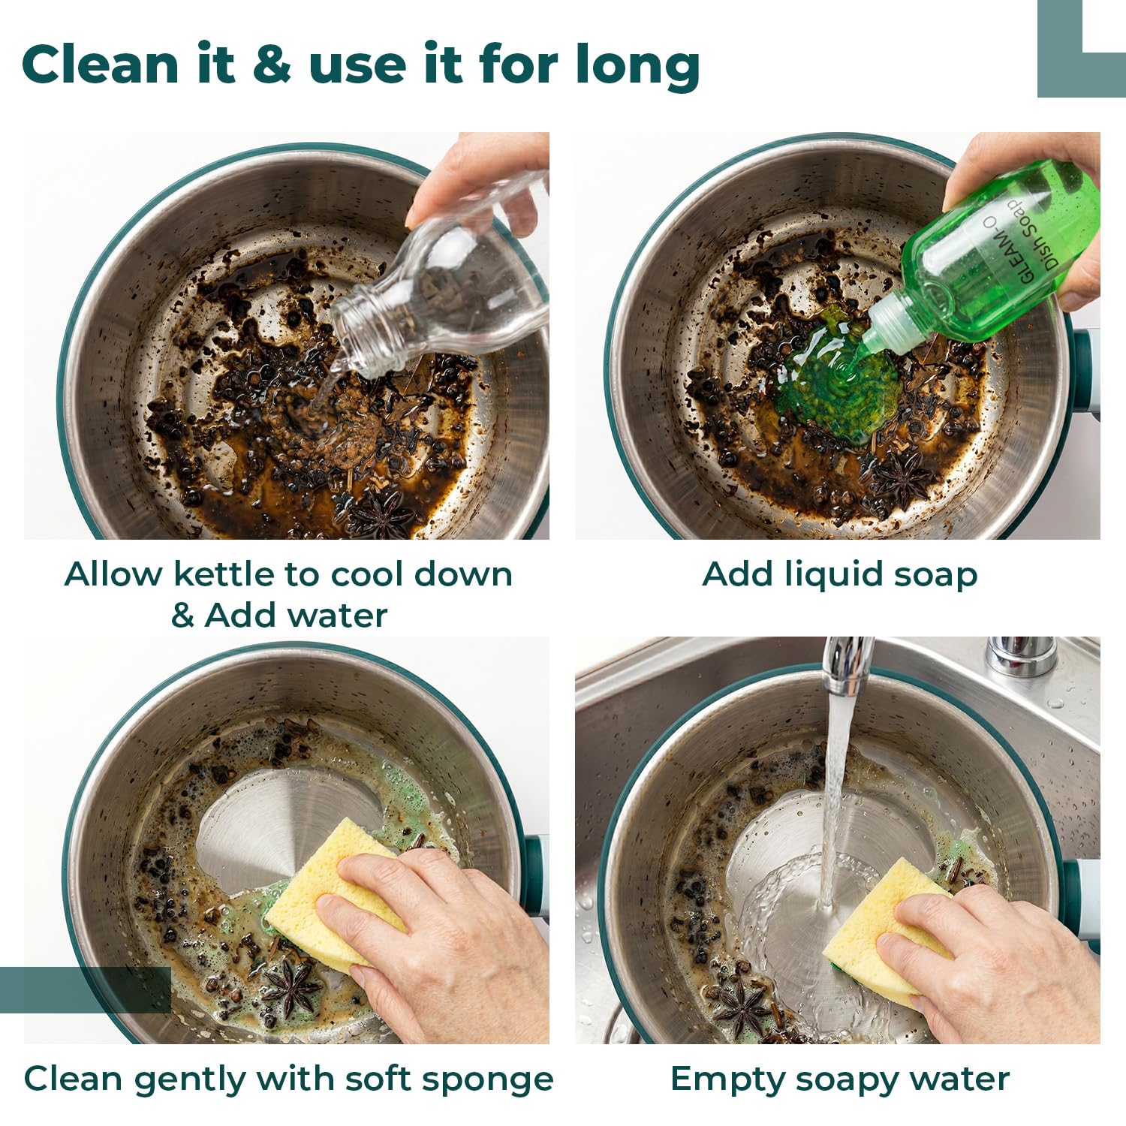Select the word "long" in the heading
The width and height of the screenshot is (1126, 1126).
tap(638, 67)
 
